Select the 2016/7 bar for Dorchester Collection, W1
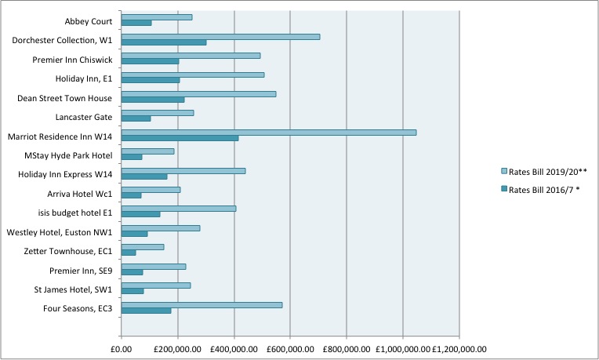point(164,42)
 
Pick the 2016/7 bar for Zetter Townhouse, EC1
point(129,252)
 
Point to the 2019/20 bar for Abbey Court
point(157,17)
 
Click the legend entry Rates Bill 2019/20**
point(543,170)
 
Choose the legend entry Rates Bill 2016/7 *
point(540,189)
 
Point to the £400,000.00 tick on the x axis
point(234,349)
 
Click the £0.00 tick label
point(122,349)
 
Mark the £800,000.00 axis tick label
point(346,349)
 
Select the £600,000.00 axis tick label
point(290,349)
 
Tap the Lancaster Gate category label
point(83,117)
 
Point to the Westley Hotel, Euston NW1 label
point(60,232)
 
